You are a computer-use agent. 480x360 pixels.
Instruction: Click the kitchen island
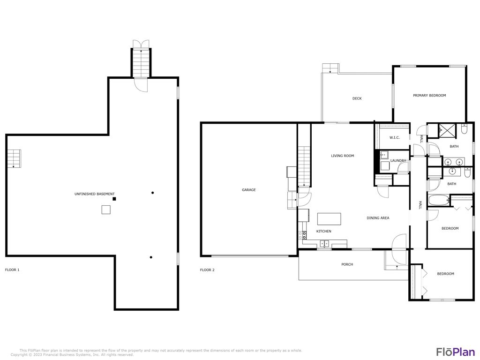point(329,219)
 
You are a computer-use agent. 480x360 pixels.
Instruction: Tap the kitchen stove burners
point(302,235)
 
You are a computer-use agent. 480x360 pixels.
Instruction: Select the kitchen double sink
point(324,243)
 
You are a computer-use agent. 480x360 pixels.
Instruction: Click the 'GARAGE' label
point(248,190)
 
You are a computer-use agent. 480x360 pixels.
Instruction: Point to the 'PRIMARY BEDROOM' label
point(429,95)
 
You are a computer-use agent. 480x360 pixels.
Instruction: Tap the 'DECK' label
point(357,98)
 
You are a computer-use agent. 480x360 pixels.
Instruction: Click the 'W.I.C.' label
point(394,138)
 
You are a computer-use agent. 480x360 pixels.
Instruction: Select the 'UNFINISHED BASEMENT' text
point(94,194)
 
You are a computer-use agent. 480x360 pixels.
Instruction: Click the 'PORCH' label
point(347,264)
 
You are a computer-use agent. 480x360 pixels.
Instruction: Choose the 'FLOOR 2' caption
point(207,270)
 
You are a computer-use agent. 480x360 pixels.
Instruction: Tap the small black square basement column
point(114,199)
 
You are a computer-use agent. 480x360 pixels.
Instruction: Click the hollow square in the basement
point(106,210)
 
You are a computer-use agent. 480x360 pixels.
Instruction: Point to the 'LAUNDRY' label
point(398,161)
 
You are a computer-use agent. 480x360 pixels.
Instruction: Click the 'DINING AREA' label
point(377,218)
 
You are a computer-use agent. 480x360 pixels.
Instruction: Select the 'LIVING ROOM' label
point(342,156)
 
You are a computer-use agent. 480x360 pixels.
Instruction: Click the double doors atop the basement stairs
point(141,44)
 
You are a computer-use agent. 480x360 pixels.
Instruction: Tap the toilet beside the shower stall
point(464,128)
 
